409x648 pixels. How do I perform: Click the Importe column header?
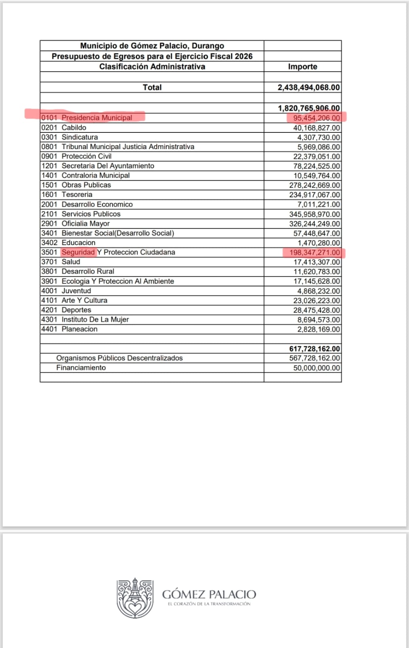point(302,67)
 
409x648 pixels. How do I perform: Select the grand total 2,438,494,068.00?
point(308,87)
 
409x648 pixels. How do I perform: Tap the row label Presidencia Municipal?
point(97,118)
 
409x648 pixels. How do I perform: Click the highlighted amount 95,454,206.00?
point(316,118)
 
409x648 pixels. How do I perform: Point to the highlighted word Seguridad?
point(78,252)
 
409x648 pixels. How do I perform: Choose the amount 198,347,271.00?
point(314,253)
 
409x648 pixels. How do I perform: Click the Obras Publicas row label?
point(86,185)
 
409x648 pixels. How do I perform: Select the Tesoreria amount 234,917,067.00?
point(314,195)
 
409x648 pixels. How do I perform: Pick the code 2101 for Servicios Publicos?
point(49,214)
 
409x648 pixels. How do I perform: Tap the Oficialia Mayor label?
point(85,224)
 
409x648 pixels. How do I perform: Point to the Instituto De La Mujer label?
point(95,320)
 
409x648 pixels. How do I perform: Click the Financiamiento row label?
point(81,368)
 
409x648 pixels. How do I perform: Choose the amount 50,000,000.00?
point(316,368)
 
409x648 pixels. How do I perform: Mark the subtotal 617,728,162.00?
point(314,349)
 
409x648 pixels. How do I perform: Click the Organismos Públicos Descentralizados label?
point(119,358)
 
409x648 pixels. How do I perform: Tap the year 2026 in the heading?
point(244,56)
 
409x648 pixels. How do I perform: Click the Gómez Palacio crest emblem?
point(135,598)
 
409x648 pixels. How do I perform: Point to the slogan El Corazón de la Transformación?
point(209,604)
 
